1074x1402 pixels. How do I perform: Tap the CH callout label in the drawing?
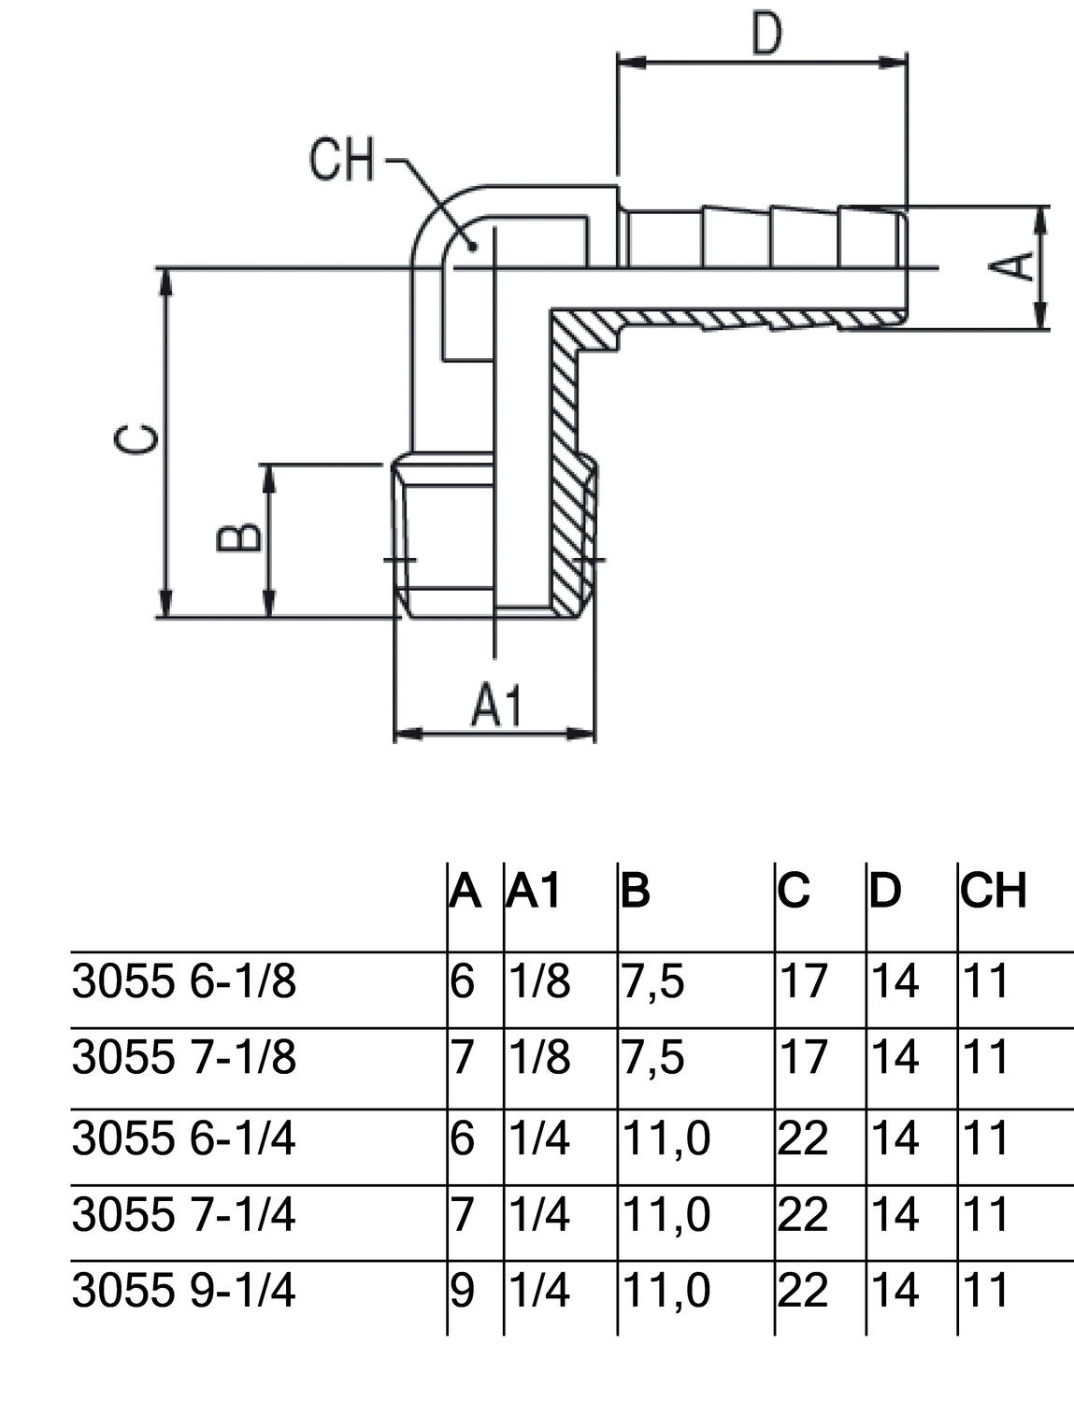point(341,160)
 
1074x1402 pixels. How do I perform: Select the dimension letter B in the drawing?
point(237,538)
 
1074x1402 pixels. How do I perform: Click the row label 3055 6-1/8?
point(183,981)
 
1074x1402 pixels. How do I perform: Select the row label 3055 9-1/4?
point(183,1291)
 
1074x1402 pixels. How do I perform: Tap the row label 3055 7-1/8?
point(183,1057)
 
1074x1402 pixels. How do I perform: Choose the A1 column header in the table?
point(534,892)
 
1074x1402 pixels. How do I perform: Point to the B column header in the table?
point(635,892)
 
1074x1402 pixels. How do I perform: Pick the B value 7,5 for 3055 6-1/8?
point(652,981)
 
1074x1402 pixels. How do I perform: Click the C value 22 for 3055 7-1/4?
point(803,1215)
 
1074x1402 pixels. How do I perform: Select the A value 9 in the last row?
point(463,1291)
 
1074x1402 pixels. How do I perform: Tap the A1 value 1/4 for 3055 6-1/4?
point(539,1138)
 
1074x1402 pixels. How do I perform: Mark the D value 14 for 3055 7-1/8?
point(895,1057)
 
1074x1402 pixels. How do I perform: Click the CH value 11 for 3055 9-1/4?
point(985,1291)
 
